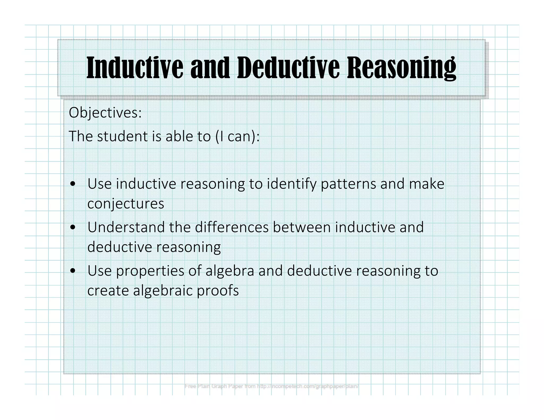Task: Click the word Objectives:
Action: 105,113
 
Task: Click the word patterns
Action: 348,184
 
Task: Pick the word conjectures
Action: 126,204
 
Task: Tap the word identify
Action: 292,184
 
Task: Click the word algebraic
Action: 163,291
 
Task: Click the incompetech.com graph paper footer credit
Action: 271,386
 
